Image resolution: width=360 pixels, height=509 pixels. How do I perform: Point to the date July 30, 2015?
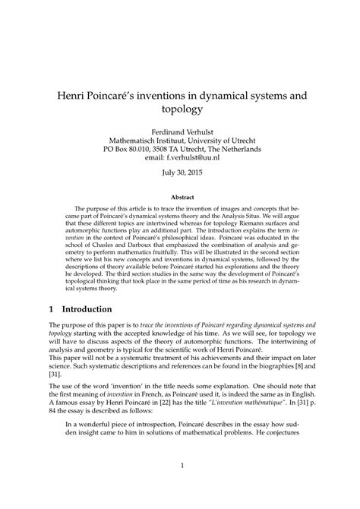[x=180, y=172]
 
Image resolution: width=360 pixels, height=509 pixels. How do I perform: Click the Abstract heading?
[x=180, y=197]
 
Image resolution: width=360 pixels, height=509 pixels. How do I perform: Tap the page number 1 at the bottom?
[x=180, y=487]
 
